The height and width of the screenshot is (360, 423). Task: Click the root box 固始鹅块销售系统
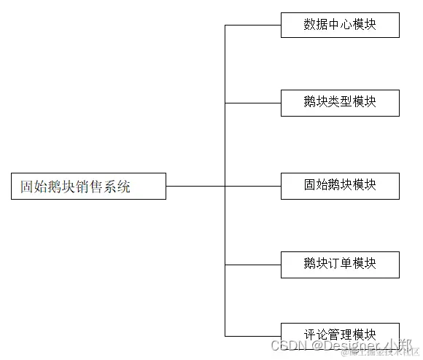88,186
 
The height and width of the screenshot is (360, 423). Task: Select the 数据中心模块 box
340,25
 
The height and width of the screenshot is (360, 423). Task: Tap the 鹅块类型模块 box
340,103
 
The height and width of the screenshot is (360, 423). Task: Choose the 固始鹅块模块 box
340,186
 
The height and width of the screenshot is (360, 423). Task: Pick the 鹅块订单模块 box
340,264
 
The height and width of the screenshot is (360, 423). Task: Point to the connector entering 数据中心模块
252,25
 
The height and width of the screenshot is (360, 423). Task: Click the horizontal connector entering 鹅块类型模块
252,103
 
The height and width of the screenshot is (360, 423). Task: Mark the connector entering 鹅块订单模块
252,264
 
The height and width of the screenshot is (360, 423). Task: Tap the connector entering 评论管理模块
252,335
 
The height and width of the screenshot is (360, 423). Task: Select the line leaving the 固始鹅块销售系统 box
195,186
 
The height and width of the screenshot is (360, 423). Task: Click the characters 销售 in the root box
88,186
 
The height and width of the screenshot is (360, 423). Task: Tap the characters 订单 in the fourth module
340,264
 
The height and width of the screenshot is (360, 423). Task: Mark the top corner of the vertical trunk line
225,25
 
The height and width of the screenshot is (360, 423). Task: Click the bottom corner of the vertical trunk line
225,335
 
